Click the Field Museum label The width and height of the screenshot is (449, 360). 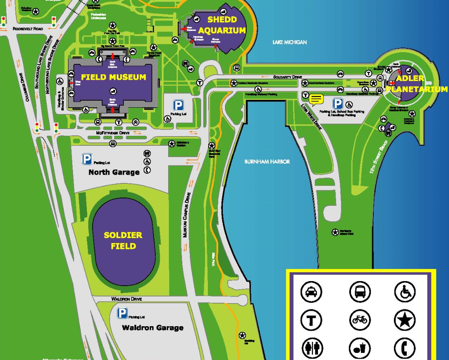tap(114, 77)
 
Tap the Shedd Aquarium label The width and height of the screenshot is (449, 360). tap(222, 25)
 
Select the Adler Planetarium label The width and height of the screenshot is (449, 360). tap(416, 84)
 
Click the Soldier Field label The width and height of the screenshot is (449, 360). tap(123, 241)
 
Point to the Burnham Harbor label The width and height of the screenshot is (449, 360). tap(267, 161)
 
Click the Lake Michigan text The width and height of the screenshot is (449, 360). tap(290, 42)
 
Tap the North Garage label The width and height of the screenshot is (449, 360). tap(114, 172)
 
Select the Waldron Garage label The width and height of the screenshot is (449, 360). tap(152, 327)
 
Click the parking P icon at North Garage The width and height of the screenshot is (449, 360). tap(87, 159)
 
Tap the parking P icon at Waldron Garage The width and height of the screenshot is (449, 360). tap(122, 313)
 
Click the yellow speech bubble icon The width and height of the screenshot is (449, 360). tap(316, 99)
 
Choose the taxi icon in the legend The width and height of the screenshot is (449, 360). tap(311, 292)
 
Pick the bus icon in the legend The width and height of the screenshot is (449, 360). tap(360, 292)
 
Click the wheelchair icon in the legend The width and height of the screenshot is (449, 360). tap(405, 292)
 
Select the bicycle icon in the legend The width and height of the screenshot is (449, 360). tap(360, 320)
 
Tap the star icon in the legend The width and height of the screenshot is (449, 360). tap(405, 320)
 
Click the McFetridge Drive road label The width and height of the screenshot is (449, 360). tap(113, 133)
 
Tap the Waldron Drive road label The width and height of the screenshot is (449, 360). tap(126, 299)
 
